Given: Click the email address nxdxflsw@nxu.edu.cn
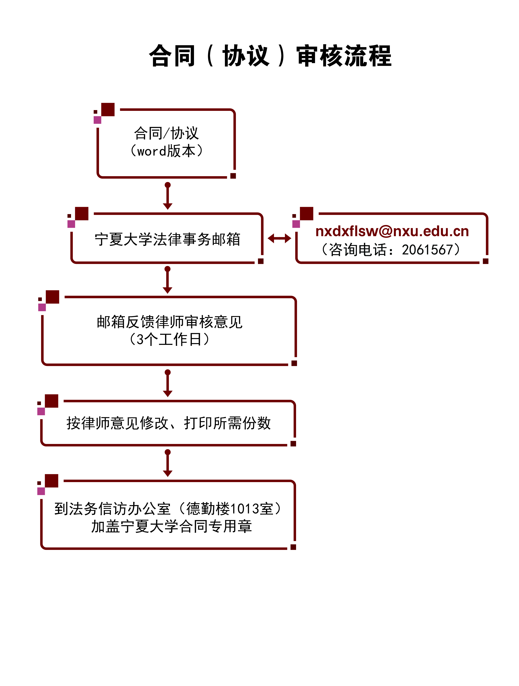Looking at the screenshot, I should coord(392,231).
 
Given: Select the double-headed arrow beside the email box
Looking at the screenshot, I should coord(279,238).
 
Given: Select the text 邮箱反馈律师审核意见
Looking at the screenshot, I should coord(169,322).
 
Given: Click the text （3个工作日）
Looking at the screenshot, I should coord(169,339).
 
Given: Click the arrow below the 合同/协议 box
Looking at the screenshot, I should coord(168,196).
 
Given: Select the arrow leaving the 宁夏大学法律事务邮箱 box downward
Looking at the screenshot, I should coord(168,280).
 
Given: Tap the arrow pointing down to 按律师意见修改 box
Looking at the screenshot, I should coord(168,383).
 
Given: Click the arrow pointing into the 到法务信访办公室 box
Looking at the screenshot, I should coord(168,463).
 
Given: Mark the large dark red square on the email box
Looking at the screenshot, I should coord(306,213).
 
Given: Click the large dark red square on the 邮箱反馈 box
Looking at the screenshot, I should coord(52,297).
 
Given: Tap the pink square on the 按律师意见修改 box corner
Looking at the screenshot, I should coord(41,411).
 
